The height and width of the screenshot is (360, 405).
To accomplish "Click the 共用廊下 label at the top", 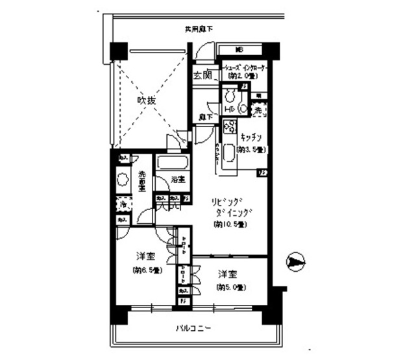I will coord(199,29).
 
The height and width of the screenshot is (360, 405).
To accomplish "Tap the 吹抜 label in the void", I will coord(146,101).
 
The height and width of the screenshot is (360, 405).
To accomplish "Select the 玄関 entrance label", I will coord(202,75).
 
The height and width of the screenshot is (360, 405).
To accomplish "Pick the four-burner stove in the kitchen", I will coord(229,127).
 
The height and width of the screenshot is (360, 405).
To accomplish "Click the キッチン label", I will coord(251,138).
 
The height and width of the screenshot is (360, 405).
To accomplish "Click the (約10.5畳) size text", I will coord(230,224).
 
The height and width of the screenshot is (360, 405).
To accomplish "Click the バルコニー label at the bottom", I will coord(193,328).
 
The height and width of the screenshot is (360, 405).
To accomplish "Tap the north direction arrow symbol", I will coord(296,263).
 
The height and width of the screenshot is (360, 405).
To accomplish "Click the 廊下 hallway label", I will coord(206,117).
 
